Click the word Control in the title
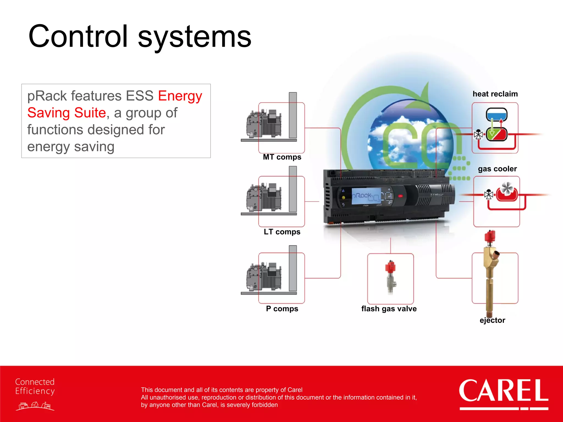(x=78, y=36)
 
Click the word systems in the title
(x=194, y=37)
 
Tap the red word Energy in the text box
(x=180, y=96)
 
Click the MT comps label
(x=282, y=157)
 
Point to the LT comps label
(x=282, y=232)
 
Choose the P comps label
(x=282, y=309)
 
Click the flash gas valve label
(x=389, y=309)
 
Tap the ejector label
(x=492, y=320)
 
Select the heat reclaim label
(x=495, y=94)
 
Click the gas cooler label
(x=497, y=169)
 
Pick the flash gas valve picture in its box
(x=390, y=277)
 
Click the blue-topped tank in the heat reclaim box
(x=496, y=114)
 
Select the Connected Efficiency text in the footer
(x=35, y=386)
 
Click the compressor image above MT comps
(x=264, y=124)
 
